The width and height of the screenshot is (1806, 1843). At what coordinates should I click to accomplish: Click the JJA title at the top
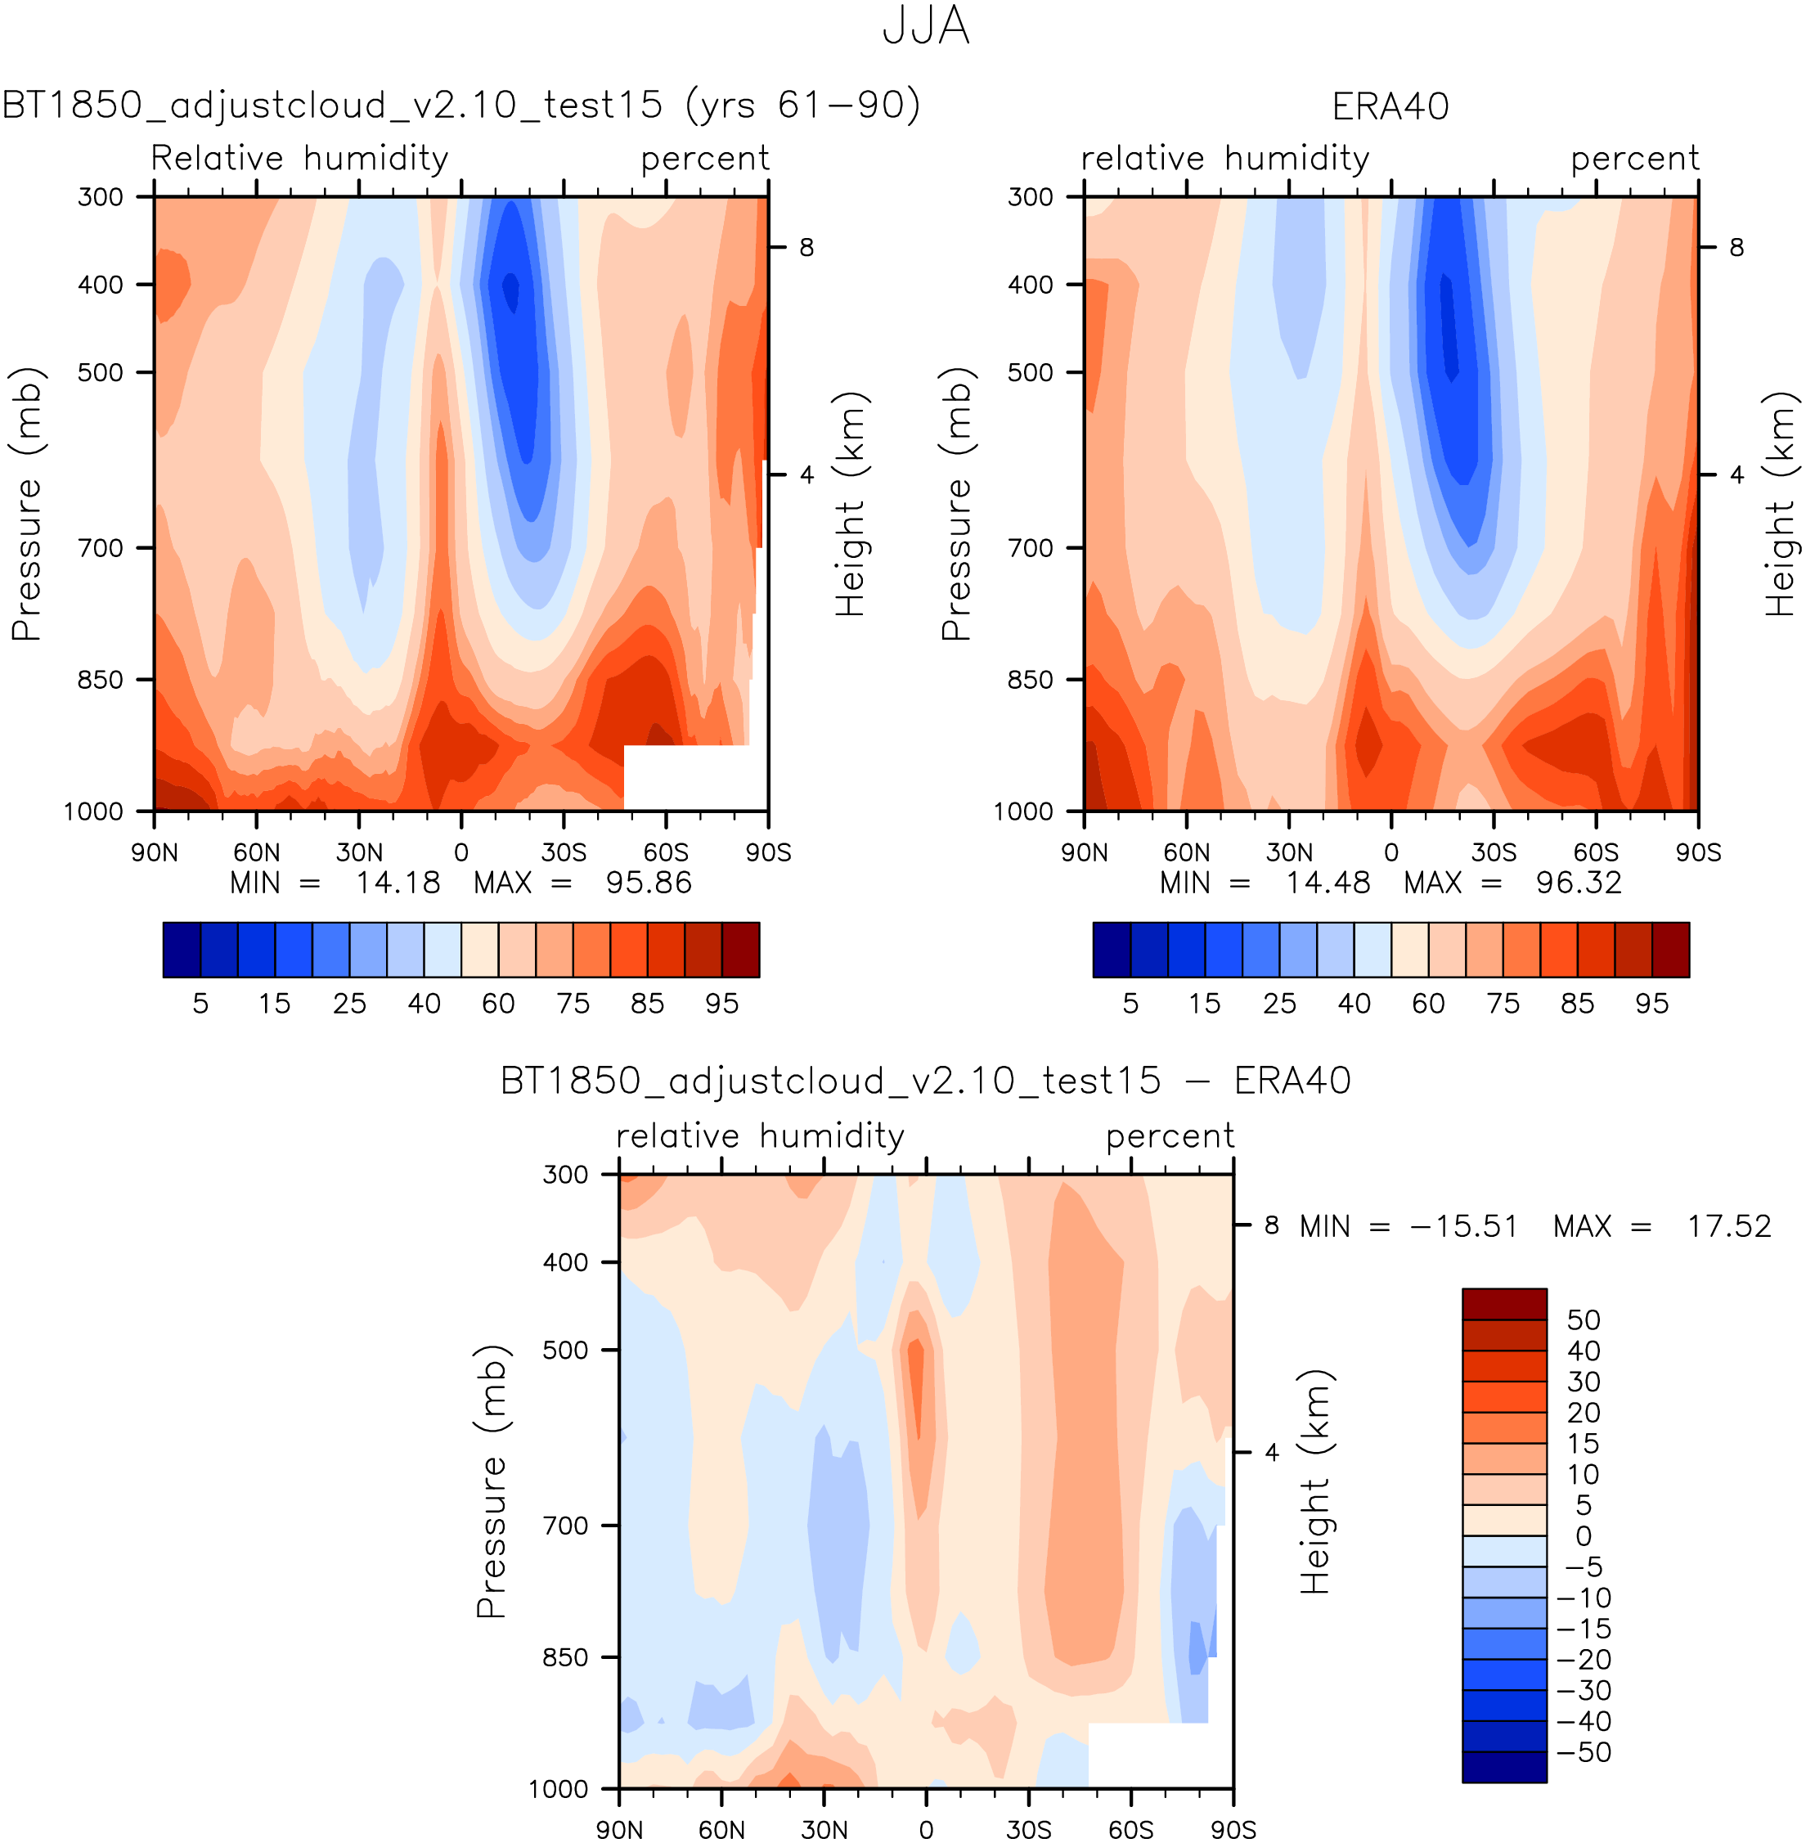[x=925, y=25]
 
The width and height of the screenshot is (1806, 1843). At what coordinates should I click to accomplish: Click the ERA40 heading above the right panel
[x=1390, y=106]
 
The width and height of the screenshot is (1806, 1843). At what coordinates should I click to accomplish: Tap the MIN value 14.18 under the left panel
[x=398, y=883]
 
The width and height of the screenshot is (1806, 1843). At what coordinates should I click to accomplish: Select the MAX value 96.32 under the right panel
[x=1579, y=883]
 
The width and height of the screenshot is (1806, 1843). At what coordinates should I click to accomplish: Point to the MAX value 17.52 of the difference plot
[x=1728, y=1226]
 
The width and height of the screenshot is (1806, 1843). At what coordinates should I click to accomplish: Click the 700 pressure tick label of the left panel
[x=101, y=548]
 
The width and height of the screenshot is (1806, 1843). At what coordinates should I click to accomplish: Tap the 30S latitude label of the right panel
[x=1493, y=852]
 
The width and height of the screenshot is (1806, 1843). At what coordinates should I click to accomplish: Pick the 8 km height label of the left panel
[x=806, y=248]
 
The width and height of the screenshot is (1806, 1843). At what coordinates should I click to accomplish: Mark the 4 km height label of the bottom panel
[x=1272, y=1452]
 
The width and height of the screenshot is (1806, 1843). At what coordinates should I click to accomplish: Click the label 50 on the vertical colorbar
[x=1583, y=1320]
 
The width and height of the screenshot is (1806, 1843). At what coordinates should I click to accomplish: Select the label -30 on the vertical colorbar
[x=1583, y=1690]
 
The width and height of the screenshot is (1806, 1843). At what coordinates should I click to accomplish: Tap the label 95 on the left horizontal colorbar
[x=722, y=1004]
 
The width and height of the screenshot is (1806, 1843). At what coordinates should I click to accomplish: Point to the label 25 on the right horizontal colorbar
[x=1278, y=1004]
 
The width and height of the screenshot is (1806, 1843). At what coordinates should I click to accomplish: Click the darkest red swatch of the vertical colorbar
[x=1503, y=1304]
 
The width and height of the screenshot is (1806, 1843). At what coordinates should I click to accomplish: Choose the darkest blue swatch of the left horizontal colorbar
[x=181, y=950]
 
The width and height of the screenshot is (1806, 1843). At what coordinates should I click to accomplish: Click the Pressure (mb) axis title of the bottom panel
[x=491, y=1481]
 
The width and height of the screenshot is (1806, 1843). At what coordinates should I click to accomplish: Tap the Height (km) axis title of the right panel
[x=1780, y=504]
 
